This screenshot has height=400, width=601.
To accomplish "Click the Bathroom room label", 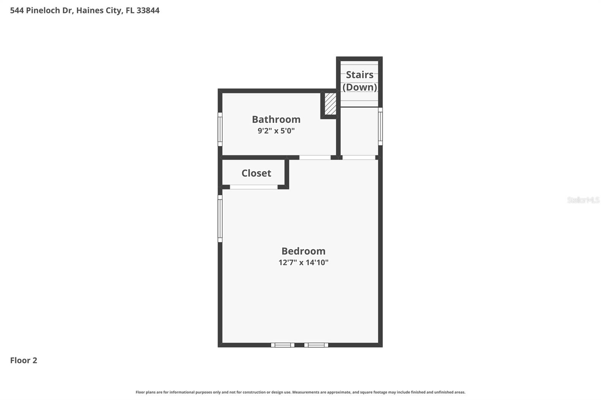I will pyautogui.click(x=276, y=119).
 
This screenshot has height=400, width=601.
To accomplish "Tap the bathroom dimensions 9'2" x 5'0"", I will pyautogui.click(x=276, y=131).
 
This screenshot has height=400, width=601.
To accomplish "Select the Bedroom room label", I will pyautogui.click(x=304, y=251).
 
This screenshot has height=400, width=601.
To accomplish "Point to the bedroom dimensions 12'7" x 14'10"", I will pyautogui.click(x=304, y=262).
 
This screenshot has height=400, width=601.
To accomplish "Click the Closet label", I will pyautogui.click(x=256, y=173).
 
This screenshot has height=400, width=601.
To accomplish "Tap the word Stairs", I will pyautogui.click(x=359, y=75).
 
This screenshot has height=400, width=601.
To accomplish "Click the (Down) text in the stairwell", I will pyautogui.click(x=359, y=87).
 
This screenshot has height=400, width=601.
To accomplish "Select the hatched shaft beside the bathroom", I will pyautogui.click(x=330, y=104).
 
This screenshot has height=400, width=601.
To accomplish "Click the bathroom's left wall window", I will pyautogui.click(x=220, y=129).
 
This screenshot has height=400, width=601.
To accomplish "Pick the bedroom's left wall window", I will pyautogui.click(x=220, y=218).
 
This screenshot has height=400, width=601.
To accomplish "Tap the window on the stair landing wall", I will pyautogui.click(x=380, y=126).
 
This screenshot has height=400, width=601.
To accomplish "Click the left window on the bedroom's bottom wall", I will pyautogui.click(x=282, y=345).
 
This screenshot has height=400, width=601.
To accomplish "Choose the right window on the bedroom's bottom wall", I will pyautogui.click(x=316, y=345).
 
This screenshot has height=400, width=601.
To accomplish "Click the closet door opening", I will pyautogui.click(x=254, y=187).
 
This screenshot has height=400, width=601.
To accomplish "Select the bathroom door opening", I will pyautogui.click(x=315, y=158).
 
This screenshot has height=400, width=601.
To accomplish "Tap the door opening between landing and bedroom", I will pyautogui.click(x=359, y=158).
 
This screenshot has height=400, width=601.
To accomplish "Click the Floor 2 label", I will pyautogui.click(x=24, y=360).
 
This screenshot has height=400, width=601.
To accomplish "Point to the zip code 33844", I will pyautogui.click(x=148, y=10).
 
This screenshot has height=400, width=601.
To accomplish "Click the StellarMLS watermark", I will pyautogui.click(x=583, y=200).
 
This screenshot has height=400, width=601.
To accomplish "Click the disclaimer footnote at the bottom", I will pyautogui.click(x=300, y=392).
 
